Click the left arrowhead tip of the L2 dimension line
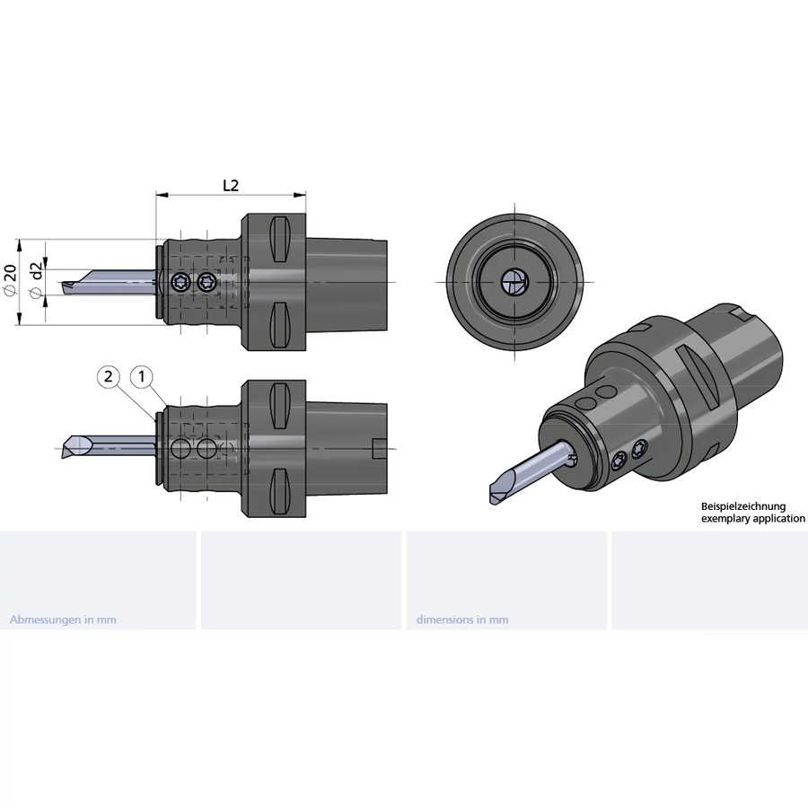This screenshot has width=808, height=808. click(x=156, y=195)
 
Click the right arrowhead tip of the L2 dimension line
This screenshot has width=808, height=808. click(x=305, y=195)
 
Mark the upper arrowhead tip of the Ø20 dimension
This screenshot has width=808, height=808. click(x=20, y=240)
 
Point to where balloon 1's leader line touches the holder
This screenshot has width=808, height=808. click(x=166, y=406)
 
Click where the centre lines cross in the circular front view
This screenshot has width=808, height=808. click(x=514, y=282)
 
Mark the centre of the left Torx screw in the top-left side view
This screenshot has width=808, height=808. click(x=180, y=281)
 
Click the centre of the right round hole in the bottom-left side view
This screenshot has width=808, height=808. click(x=207, y=448)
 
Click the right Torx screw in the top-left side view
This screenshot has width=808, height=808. click(x=206, y=281)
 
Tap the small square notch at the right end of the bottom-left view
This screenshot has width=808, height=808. click(x=379, y=448)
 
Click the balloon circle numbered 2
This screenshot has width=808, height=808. click(x=109, y=377)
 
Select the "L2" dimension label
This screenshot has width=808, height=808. click(x=231, y=185)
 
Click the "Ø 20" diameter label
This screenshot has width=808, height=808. click(x=10, y=280)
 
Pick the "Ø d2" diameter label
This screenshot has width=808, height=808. click(x=36, y=280)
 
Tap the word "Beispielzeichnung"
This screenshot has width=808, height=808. click(x=743, y=506)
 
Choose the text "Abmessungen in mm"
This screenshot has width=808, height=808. click(x=63, y=619)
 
